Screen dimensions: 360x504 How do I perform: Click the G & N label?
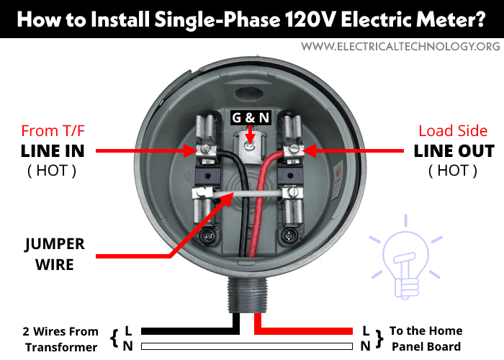247,117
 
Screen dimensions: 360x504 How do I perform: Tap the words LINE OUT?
454,151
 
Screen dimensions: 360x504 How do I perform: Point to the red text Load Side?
453,131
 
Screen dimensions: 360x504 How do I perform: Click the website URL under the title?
400,46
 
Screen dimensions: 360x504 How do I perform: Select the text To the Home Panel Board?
426,339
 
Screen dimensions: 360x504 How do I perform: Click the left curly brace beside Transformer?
114,338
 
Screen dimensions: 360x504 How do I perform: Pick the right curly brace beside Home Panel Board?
379,338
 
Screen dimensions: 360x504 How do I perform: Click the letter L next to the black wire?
128,330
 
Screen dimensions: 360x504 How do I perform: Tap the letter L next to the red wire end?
366,330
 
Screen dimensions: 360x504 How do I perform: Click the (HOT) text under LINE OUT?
453,171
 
